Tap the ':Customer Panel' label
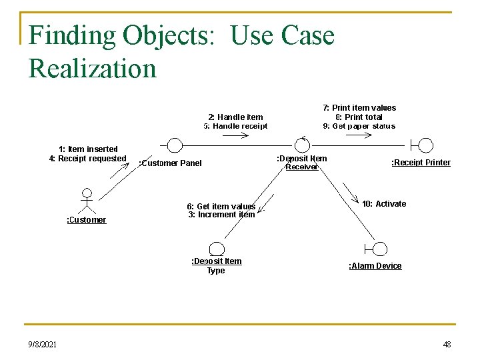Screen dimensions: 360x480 [169, 163]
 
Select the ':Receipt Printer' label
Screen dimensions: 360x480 [420, 163]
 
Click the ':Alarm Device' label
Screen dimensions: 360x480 [375, 266]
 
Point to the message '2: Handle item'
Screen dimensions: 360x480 [235, 117]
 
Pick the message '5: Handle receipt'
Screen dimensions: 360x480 [235, 126]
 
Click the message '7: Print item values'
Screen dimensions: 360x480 [359, 108]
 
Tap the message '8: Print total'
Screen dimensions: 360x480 [359, 117]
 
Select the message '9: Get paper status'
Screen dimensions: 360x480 [359, 126]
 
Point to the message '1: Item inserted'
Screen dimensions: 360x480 [88, 149]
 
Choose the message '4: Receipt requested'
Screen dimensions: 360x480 [88, 159]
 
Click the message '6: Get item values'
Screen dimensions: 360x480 [221, 206]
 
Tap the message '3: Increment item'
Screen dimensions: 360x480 [221, 215]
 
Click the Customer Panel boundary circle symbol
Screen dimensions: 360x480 [174, 145]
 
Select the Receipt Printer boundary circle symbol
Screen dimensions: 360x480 [425, 145]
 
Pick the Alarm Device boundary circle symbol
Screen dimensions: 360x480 [379, 249]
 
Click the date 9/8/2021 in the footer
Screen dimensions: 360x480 [43, 344]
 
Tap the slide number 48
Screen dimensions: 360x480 [446, 344]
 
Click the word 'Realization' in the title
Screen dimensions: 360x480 [92, 68]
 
